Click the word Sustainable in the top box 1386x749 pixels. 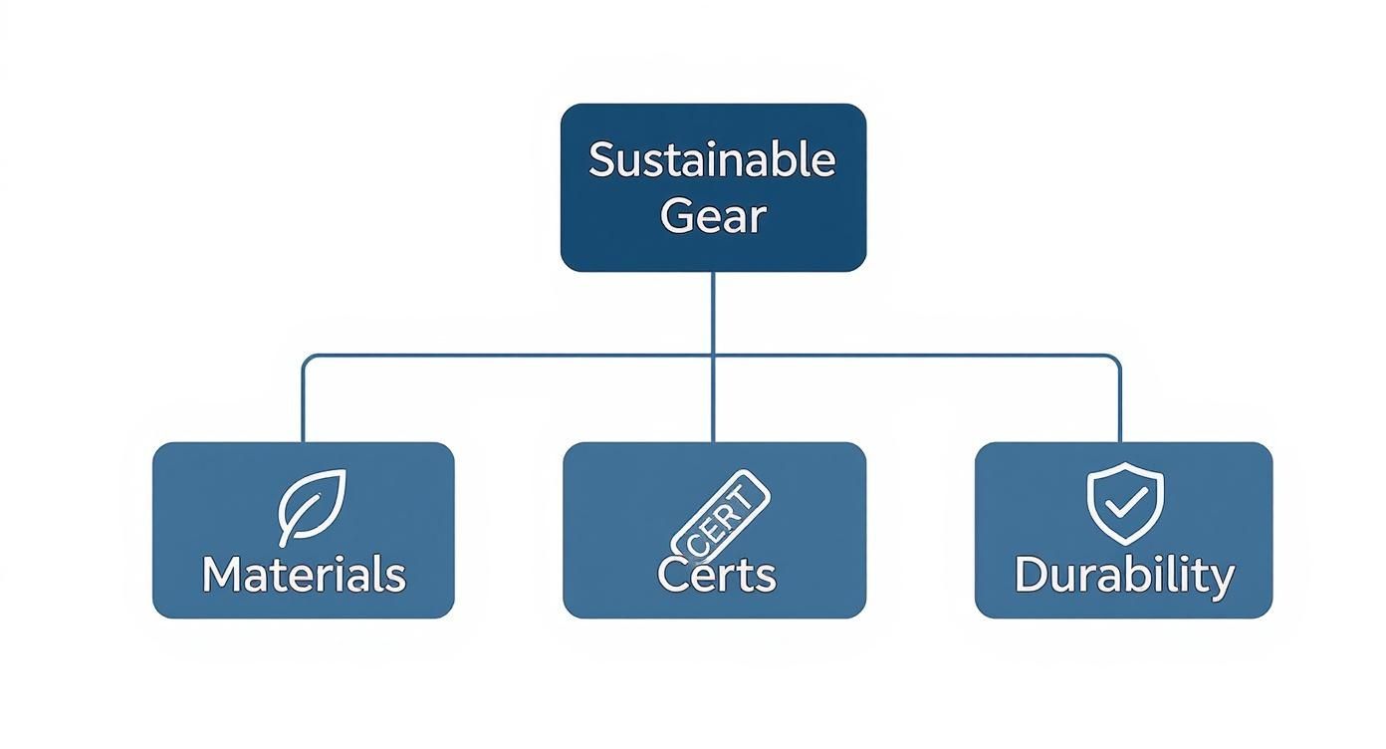tap(712, 160)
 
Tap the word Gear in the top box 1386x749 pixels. tap(712, 215)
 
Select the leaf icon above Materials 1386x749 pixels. tap(312, 505)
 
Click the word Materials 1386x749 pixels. tap(304, 575)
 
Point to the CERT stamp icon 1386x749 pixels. tap(721, 514)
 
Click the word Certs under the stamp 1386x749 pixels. tap(716, 576)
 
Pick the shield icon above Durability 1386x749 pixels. tap(1124, 503)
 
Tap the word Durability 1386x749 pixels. tap(1124, 576)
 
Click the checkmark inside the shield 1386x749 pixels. tap(1125, 504)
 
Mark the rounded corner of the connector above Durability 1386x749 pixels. tap(1116, 359)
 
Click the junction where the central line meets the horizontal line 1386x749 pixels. tap(713, 356)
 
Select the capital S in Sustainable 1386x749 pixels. tap(599, 160)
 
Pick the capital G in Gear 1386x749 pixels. tap(676, 215)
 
